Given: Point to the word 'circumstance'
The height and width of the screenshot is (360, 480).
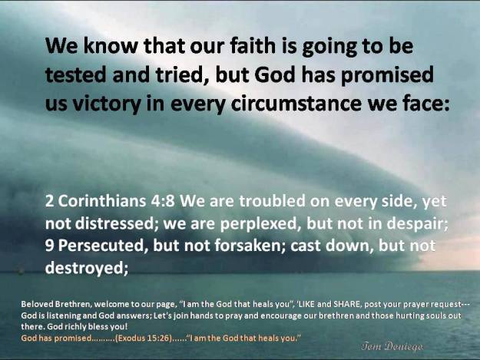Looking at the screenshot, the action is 296,104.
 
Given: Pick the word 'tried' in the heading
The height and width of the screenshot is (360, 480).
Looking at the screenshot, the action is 180,74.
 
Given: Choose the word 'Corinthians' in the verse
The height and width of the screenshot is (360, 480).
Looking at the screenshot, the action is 102,201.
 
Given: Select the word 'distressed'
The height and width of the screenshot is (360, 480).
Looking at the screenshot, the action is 114,223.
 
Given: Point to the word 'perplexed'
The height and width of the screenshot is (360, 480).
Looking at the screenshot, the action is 259,223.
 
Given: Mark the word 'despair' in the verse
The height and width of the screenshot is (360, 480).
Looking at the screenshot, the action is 417,223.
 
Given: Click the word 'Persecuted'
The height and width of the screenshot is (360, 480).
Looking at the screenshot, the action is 101,246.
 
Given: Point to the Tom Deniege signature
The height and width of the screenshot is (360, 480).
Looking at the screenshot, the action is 392,346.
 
